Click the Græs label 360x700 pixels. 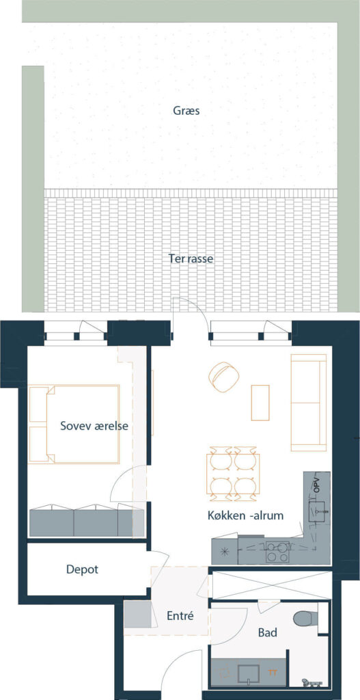(x=186, y=111)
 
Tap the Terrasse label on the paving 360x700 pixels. (x=191, y=258)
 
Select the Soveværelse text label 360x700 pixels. (x=94, y=426)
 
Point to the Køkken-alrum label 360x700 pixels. (x=246, y=515)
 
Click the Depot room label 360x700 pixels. (x=82, y=570)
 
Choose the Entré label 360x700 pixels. (x=180, y=616)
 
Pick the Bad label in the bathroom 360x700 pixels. (x=268, y=632)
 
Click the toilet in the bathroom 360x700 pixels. (x=305, y=619)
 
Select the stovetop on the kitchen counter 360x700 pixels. (x=277, y=552)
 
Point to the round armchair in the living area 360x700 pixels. (x=223, y=377)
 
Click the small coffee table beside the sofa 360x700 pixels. (x=260, y=403)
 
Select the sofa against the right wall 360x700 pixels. (x=309, y=403)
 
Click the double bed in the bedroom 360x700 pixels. (x=74, y=424)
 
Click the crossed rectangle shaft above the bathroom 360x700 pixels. (x=272, y=585)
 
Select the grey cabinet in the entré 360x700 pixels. (x=137, y=615)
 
